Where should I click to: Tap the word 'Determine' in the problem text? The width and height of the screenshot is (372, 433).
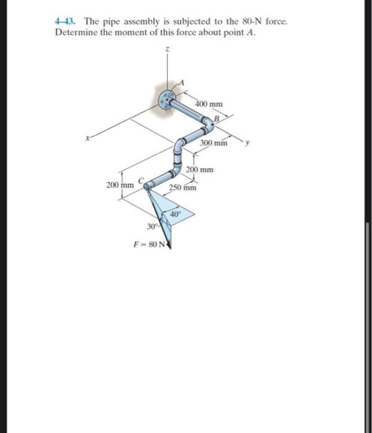click(x=74, y=32)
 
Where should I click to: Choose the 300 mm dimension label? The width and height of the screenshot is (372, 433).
click(x=214, y=144)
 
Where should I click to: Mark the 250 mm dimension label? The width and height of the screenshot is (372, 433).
click(x=184, y=187)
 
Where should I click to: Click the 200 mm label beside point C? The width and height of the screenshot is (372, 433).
click(x=119, y=185)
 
